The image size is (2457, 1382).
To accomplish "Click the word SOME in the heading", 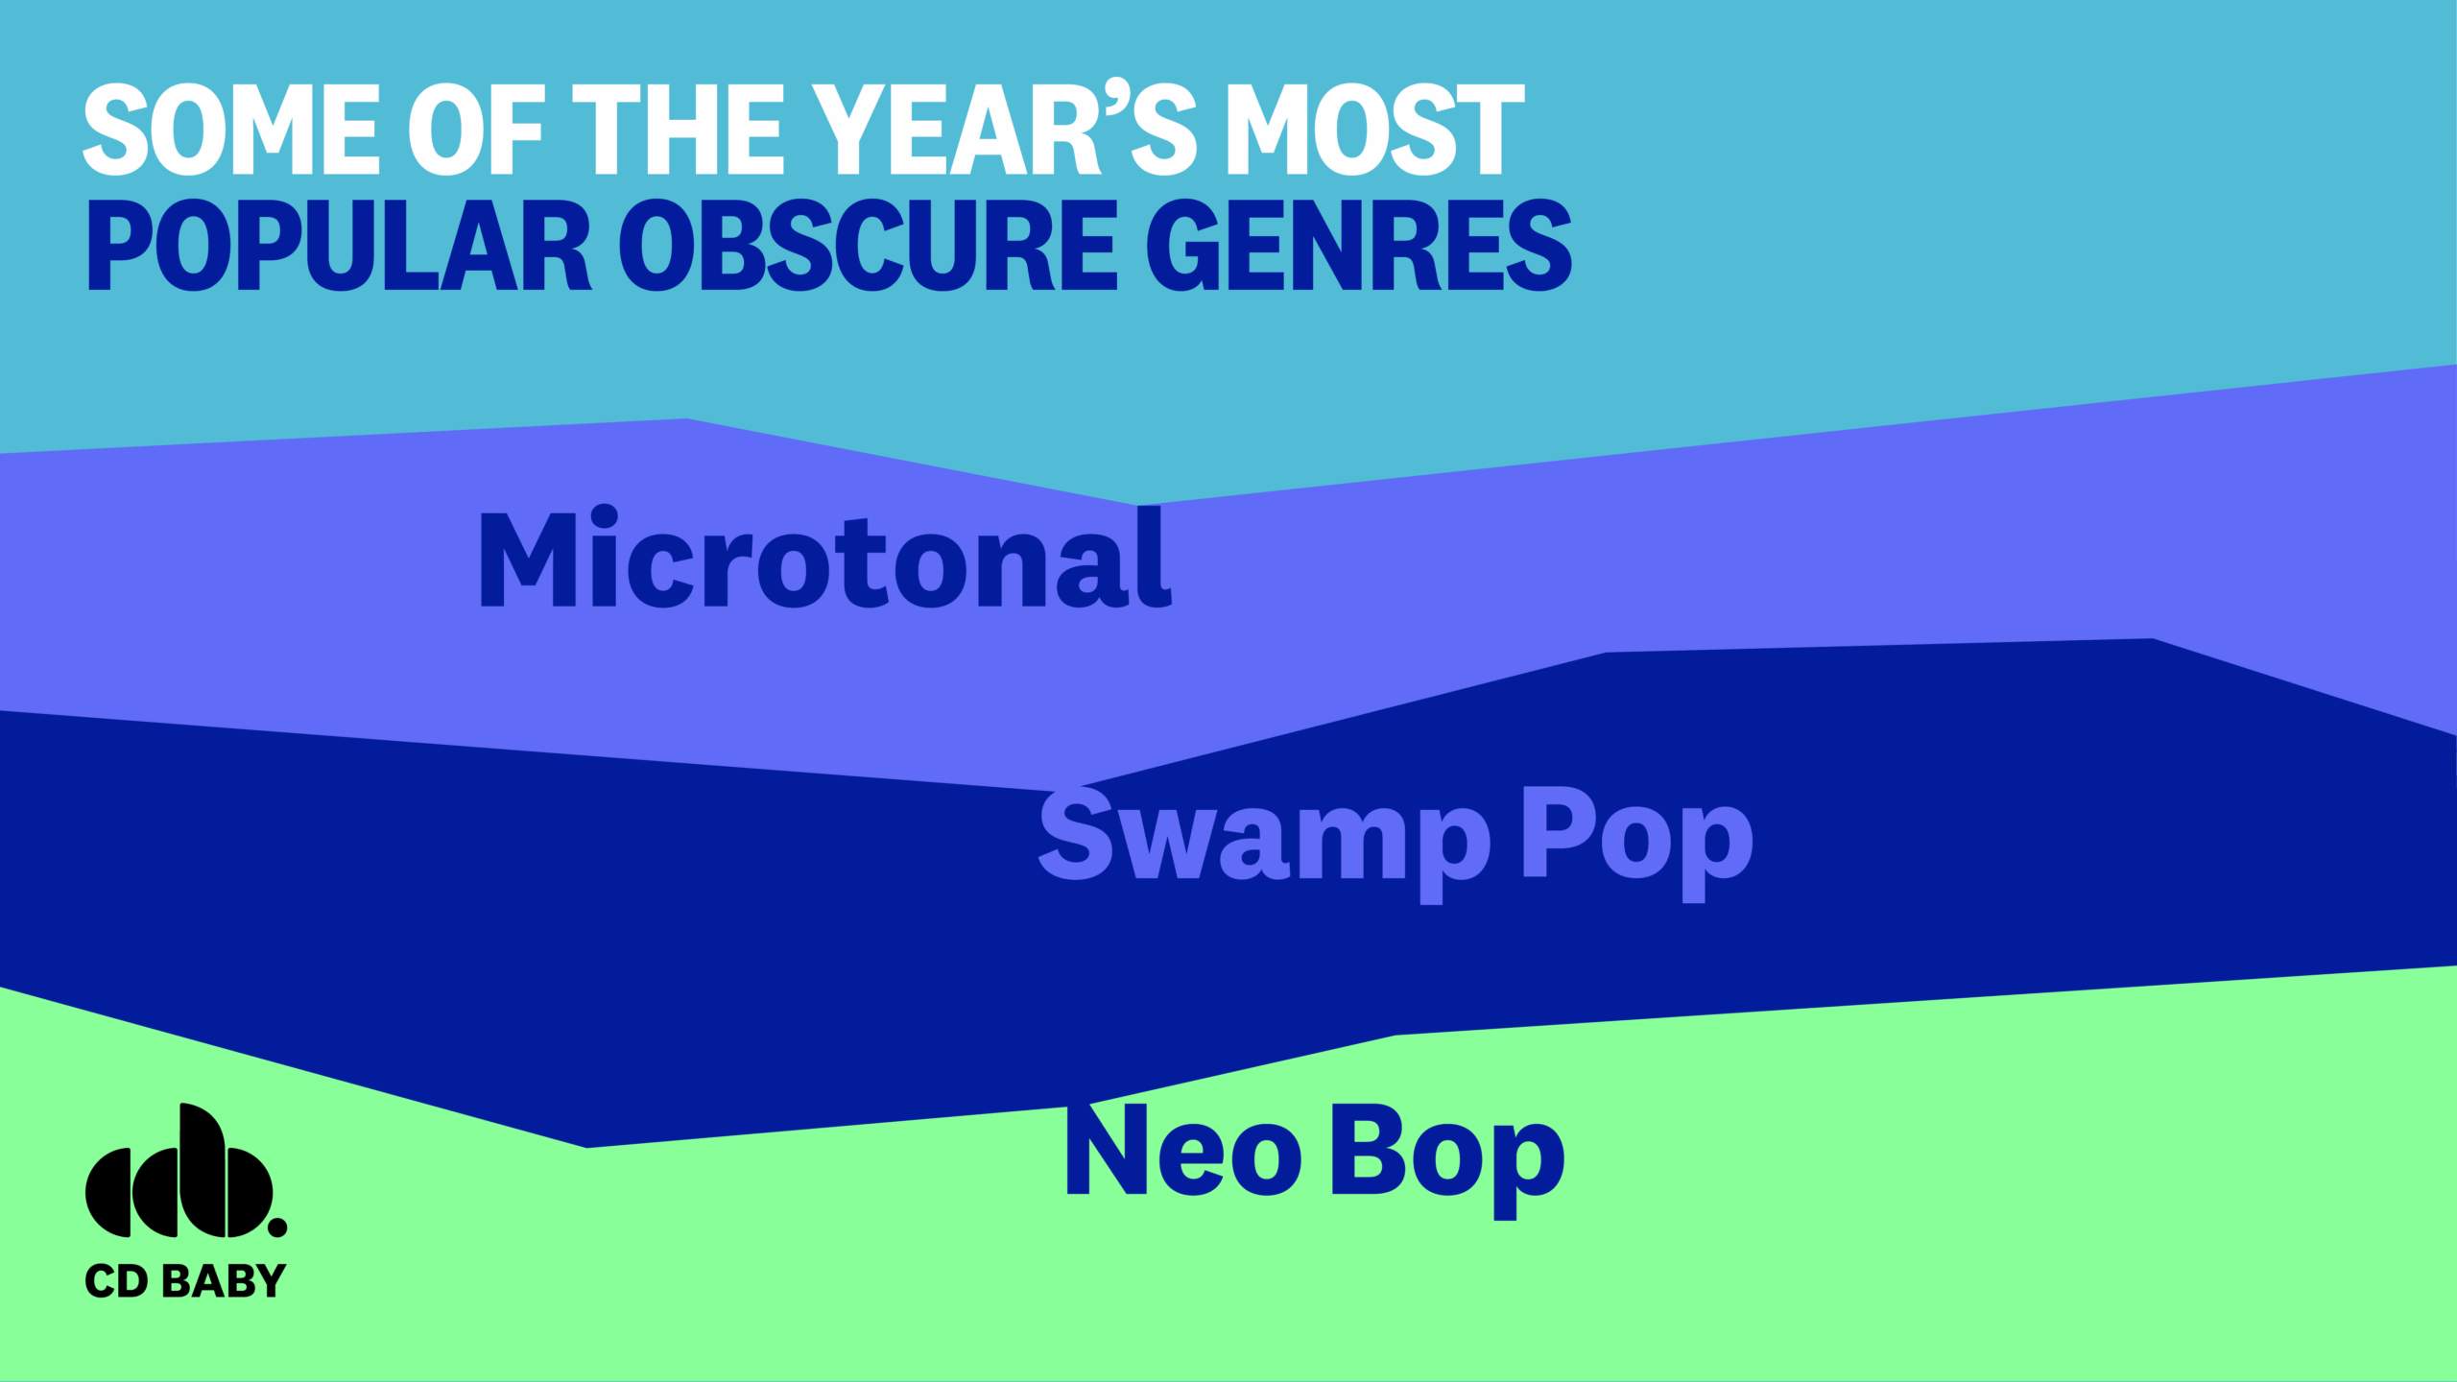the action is pyautogui.click(x=231, y=130).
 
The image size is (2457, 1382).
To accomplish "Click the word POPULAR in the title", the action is pyautogui.click(x=339, y=245).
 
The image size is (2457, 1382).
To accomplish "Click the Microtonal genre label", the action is pyautogui.click(x=825, y=557).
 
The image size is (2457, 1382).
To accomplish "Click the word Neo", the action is pyautogui.click(x=1184, y=1149).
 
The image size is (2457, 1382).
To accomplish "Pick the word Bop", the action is pyautogui.click(x=1448, y=1159).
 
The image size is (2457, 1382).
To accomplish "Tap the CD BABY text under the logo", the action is pyautogui.click(x=185, y=1281).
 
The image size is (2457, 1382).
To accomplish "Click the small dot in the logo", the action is pyautogui.click(x=276, y=1227).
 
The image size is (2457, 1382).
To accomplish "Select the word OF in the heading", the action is pyautogui.click(x=477, y=130).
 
